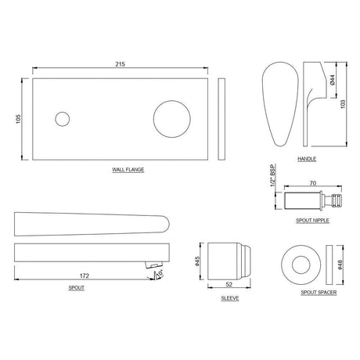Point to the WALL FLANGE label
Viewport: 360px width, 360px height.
[120, 169]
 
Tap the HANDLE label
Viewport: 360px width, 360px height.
[307, 159]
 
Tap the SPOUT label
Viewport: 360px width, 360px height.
[77, 289]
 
